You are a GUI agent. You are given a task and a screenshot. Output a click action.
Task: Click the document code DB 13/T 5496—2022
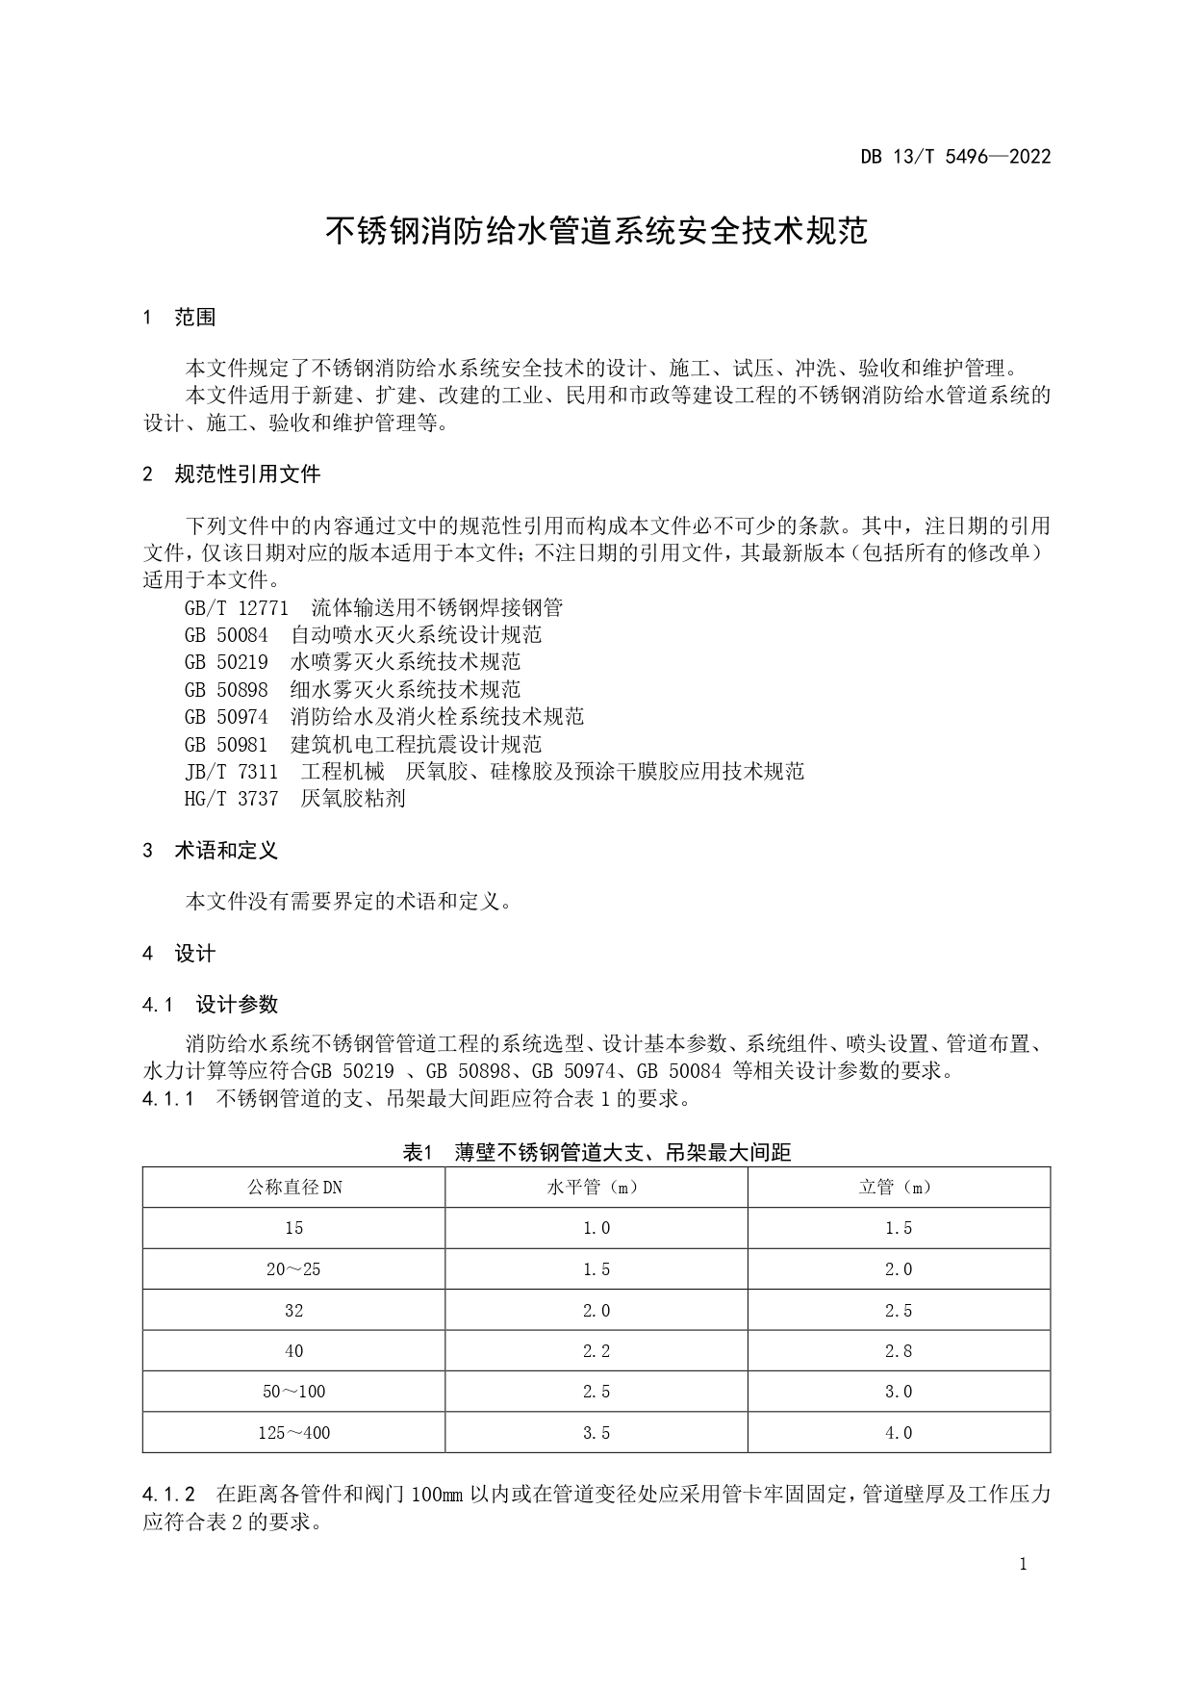tap(954, 157)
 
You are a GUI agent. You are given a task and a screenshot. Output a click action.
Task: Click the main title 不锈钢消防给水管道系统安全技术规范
tap(596, 232)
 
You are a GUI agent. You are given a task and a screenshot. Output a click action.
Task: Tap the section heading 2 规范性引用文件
tap(231, 474)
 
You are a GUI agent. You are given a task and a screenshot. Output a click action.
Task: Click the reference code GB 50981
tap(226, 744)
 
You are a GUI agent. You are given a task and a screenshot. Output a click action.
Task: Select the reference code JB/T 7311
tap(231, 771)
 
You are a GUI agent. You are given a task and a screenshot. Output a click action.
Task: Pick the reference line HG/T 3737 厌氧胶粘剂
tap(294, 798)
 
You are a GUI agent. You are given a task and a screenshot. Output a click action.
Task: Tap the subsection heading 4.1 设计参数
tap(210, 1005)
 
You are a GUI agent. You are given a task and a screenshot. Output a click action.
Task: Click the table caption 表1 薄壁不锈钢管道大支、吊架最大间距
tap(596, 1152)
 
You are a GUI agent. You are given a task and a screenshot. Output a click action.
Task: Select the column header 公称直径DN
tap(294, 1188)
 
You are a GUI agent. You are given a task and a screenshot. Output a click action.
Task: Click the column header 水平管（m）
tap(596, 1188)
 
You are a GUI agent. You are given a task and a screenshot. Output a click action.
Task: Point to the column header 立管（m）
tap(898, 1188)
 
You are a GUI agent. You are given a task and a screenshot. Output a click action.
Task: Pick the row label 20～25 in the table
tap(294, 1269)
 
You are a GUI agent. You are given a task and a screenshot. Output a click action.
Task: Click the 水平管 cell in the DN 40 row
tap(596, 1351)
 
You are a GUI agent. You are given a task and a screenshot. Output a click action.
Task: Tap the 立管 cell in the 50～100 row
tap(898, 1392)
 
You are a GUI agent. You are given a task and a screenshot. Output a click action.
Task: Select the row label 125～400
tap(294, 1433)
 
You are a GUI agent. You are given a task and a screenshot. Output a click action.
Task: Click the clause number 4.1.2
tap(169, 1495)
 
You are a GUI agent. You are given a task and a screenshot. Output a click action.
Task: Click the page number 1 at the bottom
tap(1023, 1564)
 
